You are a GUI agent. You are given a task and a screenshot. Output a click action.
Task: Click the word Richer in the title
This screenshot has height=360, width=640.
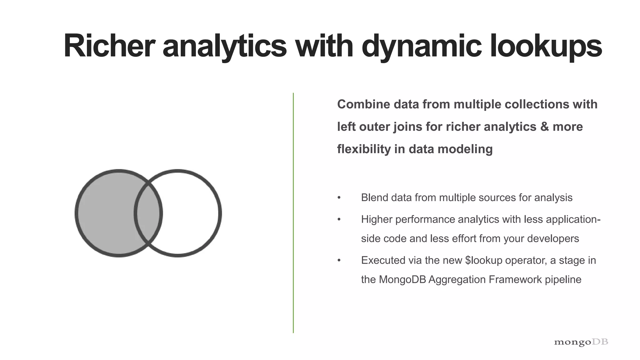tap(109, 46)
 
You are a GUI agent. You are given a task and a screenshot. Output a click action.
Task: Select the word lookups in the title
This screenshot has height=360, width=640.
tap(546, 46)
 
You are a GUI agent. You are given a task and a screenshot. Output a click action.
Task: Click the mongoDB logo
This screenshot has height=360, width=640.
tap(581, 342)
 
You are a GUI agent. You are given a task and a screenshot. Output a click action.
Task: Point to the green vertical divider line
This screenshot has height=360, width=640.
tap(293, 212)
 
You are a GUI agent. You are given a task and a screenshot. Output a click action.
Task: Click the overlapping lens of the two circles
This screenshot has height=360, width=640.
tap(148, 213)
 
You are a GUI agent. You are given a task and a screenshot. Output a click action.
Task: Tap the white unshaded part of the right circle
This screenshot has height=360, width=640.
tap(191, 213)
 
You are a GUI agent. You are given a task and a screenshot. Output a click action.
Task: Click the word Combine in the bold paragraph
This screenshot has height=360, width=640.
tap(363, 104)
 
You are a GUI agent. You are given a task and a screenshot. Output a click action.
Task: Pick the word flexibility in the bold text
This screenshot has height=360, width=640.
tap(363, 149)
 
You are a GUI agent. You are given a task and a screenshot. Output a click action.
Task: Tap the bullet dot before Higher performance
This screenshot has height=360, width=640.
tap(339, 219)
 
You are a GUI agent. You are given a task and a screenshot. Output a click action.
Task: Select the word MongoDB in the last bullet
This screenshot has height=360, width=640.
tap(402, 279)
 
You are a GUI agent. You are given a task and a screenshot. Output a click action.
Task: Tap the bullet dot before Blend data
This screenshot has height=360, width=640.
tap(339, 198)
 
